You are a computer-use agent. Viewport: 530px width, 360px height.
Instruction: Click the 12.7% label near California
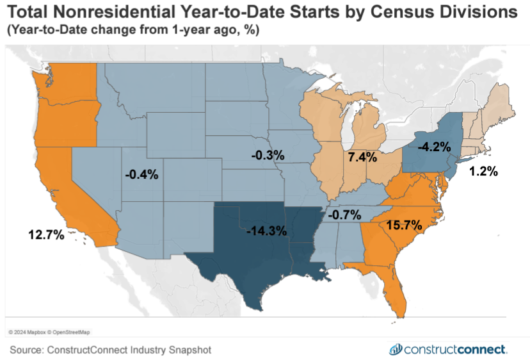pyautogui.click(x=46, y=234)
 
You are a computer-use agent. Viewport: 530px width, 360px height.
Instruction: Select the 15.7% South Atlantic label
pyautogui.click(x=403, y=225)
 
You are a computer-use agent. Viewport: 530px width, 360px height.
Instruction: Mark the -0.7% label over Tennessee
pyautogui.click(x=344, y=214)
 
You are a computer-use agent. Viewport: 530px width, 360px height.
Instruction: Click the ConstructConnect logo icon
pyautogui.click(x=396, y=349)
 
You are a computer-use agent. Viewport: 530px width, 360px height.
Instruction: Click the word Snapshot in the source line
pyautogui.click(x=187, y=350)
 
